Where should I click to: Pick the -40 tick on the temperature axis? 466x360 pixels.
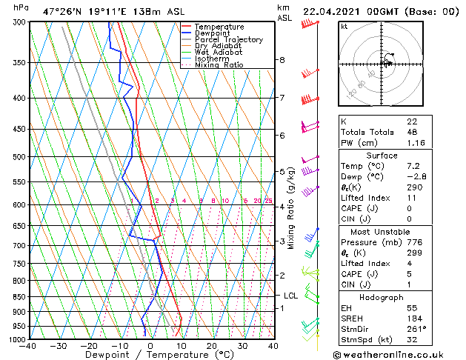(29, 346)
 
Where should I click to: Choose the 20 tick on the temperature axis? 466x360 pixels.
(212, 346)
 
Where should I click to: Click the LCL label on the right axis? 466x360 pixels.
(290, 296)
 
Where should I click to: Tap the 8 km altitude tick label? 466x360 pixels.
(282, 59)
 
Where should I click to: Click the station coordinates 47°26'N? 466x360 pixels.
(63, 12)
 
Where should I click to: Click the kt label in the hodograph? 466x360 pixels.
(344, 26)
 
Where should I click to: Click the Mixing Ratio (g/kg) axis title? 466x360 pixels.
(291, 207)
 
